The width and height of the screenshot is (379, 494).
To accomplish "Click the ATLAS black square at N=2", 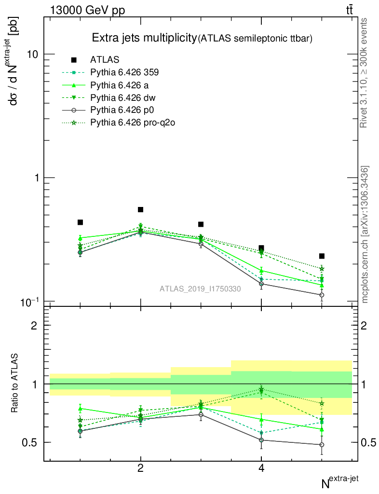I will pos(141,209).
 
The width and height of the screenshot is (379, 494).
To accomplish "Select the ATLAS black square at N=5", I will pos(322,256).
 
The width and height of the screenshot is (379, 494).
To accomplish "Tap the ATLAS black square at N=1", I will pos(80,222).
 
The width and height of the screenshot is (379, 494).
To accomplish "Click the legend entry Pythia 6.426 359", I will pos(124,72).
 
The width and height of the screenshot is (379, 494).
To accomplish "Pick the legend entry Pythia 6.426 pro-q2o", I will pos(132,123).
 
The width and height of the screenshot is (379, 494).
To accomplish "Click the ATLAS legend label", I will pos(105,60).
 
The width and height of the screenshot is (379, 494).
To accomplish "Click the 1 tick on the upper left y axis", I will pos(37,178).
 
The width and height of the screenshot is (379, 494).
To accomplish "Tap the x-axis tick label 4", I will pos(261,469).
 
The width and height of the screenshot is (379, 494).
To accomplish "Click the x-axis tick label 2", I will pos(141,469).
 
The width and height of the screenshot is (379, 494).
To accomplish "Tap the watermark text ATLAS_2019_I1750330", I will pos(200,288).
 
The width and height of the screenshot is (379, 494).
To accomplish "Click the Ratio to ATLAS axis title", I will pos(15,384).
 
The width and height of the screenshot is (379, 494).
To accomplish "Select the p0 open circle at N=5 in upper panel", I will pos(322,295).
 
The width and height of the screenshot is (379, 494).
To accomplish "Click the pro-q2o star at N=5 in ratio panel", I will pos(322,403).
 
